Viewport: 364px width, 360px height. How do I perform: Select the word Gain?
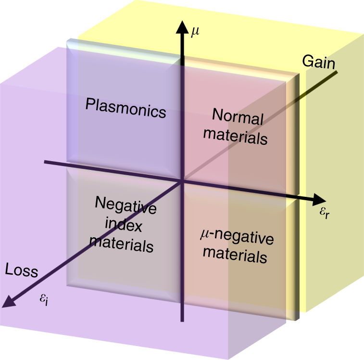click(x=318, y=61)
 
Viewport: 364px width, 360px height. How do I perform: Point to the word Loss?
click(x=22, y=270)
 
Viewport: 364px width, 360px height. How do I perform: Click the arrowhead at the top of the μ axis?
click(x=182, y=26)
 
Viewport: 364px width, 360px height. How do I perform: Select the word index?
click(x=126, y=225)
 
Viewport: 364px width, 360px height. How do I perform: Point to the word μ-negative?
click(x=236, y=238)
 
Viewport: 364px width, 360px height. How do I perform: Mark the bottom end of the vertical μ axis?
click(x=182, y=321)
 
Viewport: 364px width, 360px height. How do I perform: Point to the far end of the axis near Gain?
click(x=338, y=72)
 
